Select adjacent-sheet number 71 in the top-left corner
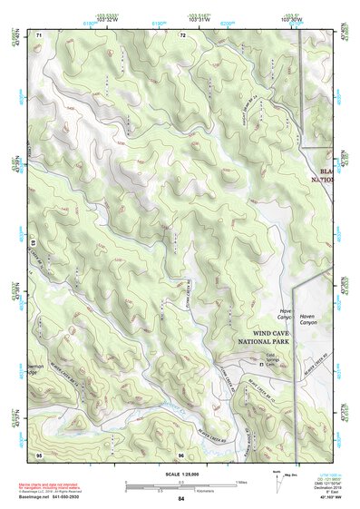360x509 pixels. click(40, 34)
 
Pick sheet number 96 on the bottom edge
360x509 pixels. click(181, 454)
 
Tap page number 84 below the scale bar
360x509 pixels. click(181, 499)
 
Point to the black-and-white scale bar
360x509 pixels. click(181, 480)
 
